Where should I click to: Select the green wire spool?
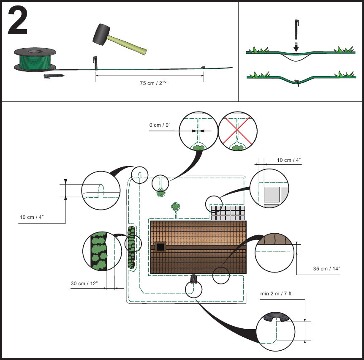(x=35, y=60)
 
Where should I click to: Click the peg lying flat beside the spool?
(x=54, y=76)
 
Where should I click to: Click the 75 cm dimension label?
(x=153, y=83)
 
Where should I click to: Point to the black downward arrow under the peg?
(x=296, y=46)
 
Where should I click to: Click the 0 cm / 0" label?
(x=160, y=125)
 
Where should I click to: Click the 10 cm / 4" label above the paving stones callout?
(x=288, y=160)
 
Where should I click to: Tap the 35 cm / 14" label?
(x=326, y=268)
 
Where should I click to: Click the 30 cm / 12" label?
(x=84, y=284)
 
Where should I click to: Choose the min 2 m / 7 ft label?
(x=276, y=294)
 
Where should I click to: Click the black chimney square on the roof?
(x=160, y=247)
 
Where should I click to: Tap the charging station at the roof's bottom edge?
(x=193, y=278)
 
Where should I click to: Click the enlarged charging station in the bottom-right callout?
(x=276, y=317)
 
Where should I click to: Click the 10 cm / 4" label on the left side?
(x=32, y=217)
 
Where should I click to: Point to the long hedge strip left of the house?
(x=131, y=248)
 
